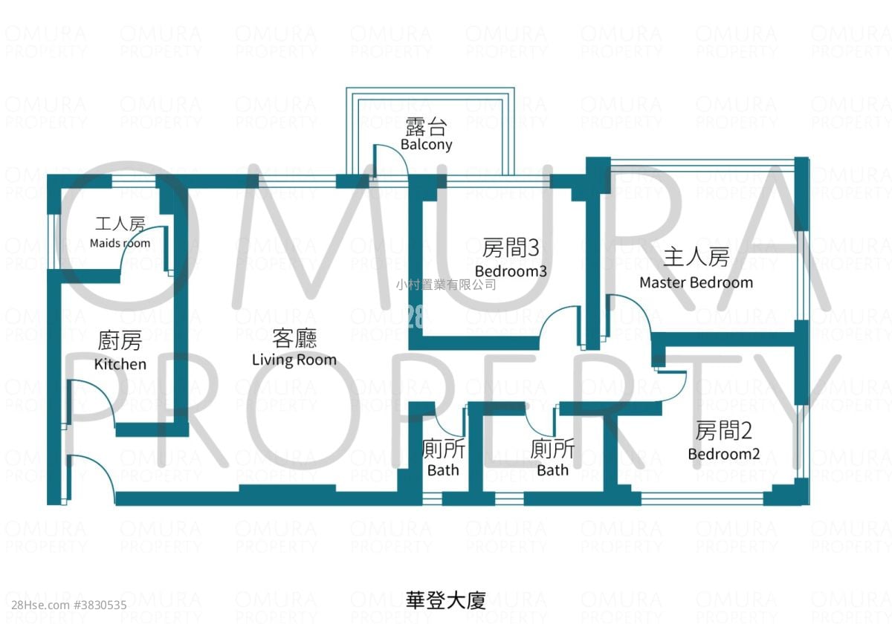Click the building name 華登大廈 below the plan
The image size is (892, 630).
click(446, 600)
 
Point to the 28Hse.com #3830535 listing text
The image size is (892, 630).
click(69, 605)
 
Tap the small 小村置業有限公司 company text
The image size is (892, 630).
click(446, 285)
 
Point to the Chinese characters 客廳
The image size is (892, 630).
click(294, 339)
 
